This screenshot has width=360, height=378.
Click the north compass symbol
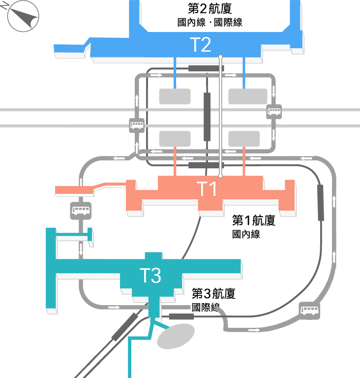tap(23, 16)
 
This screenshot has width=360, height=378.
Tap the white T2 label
tap(201, 45)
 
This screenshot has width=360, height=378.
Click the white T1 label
tap(207, 189)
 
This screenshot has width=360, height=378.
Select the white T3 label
tap(150, 275)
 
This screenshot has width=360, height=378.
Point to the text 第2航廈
tap(210, 9)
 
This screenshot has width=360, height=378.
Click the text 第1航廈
tap(254, 220)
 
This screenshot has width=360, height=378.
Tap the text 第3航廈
tap(213, 293)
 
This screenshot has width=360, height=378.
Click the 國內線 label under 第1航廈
tap(246, 234)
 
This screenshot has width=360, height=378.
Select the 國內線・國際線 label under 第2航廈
tap(210, 23)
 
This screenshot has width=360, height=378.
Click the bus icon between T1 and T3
tap(81, 211)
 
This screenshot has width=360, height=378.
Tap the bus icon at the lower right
tap(310, 311)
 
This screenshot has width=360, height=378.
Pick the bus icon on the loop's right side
tap(274, 112)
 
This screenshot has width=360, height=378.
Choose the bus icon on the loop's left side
tap(137, 126)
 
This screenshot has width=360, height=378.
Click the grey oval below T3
tap(176, 336)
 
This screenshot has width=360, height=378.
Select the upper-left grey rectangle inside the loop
tap(175, 96)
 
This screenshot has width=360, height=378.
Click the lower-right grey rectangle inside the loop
tap(244, 139)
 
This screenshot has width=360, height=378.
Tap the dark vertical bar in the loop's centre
tap(207, 117)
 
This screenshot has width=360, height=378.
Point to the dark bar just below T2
tap(206, 68)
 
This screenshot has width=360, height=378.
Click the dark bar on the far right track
tap(321, 203)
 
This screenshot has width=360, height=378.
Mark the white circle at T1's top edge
tap(220, 176)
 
